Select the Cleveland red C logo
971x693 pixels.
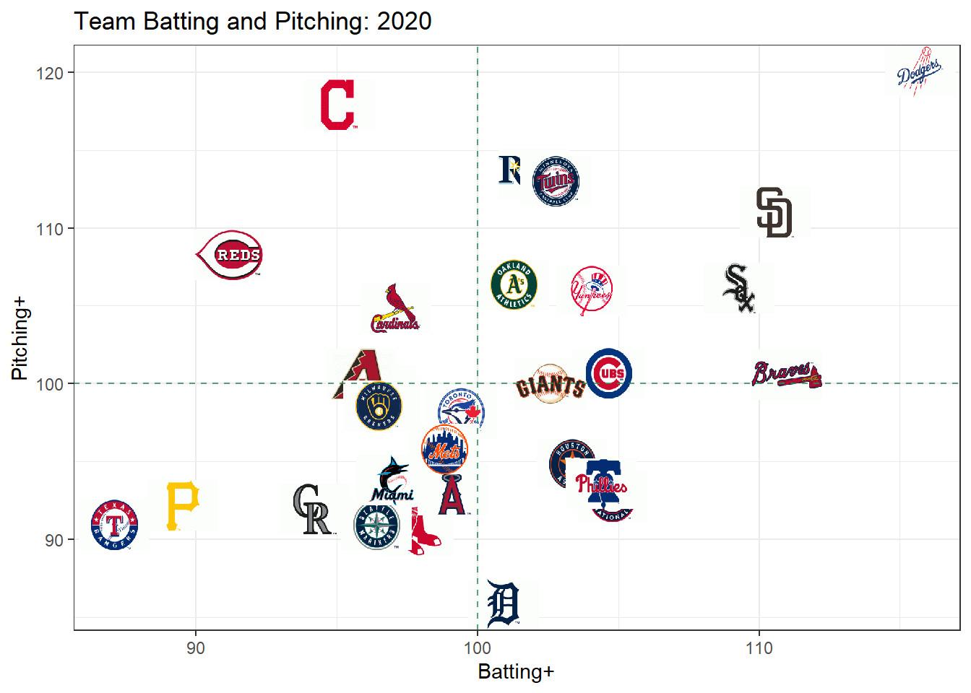click(337, 105)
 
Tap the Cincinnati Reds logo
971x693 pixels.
click(230, 255)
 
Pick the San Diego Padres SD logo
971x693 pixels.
click(774, 213)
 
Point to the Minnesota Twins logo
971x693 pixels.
click(556, 181)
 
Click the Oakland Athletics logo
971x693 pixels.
click(514, 284)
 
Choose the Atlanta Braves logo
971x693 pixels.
click(786, 374)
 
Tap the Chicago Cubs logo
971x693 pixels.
click(609, 373)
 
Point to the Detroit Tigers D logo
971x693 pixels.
click(504, 604)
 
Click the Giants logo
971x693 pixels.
click(550, 384)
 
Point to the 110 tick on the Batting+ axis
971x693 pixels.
click(759, 648)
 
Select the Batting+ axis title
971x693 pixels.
click(516, 672)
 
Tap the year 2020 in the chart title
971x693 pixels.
click(404, 21)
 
